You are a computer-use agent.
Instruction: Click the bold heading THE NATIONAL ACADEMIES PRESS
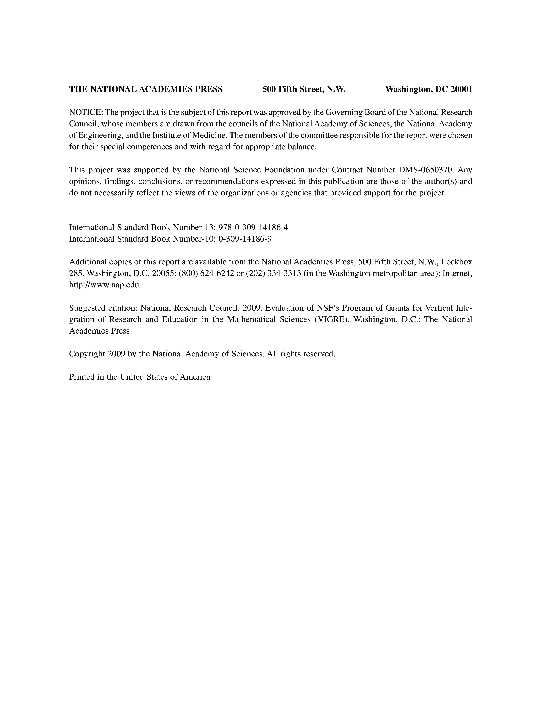[x=146, y=89]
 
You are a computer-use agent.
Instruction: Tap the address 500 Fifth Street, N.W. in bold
[x=304, y=89]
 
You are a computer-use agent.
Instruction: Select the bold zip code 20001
[x=461, y=89]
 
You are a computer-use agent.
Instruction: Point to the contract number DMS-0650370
[x=425, y=170]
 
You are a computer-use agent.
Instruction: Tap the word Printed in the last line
[x=82, y=377]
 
